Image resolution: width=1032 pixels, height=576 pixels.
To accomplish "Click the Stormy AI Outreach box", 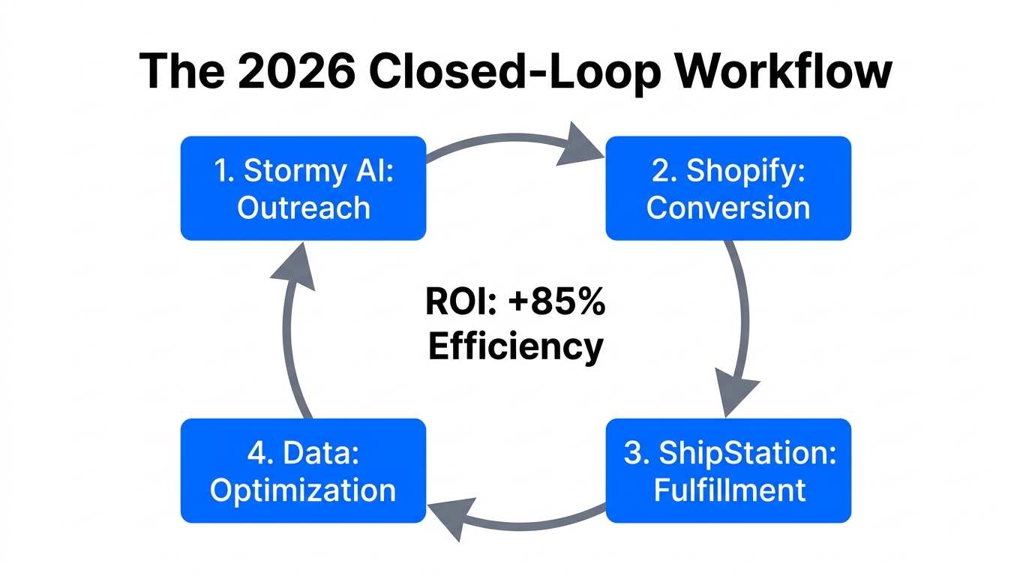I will (x=303, y=188).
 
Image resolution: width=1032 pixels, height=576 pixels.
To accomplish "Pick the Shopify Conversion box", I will (x=728, y=188).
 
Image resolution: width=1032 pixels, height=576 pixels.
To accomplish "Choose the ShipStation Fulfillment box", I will (x=728, y=470).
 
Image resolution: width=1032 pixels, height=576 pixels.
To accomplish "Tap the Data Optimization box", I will (x=303, y=470).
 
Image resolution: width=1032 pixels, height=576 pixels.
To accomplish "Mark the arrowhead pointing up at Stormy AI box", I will (x=293, y=266).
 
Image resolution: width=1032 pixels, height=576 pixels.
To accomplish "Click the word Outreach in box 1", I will (x=304, y=208).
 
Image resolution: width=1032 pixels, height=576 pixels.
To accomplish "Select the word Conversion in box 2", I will (x=728, y=208).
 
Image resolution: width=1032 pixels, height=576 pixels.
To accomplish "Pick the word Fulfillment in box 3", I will (x=729, y=490).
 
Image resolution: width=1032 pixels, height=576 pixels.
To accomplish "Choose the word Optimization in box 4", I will (x=303, y=490).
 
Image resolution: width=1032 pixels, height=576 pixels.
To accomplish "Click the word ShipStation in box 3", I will (x=746, y=452).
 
